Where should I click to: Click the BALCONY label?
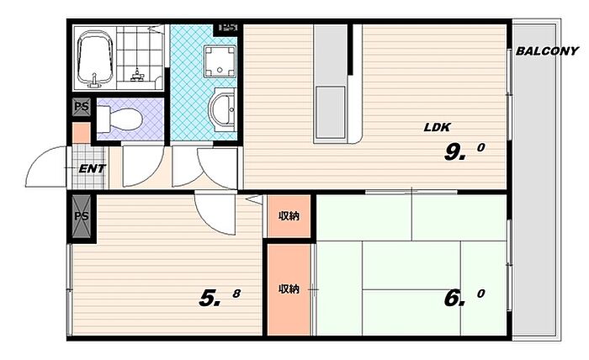547,51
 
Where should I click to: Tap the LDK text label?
437,127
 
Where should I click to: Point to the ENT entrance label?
92,169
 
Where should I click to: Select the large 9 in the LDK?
453,152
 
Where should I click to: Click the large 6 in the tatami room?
452,299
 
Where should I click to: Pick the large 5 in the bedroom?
207,299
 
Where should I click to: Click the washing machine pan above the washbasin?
220,61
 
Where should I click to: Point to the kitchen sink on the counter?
330,112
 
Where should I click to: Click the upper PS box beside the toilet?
82,107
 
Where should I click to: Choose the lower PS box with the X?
82,216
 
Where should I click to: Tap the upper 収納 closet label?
289,216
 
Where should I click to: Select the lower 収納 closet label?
289,289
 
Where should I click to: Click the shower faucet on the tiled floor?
137,75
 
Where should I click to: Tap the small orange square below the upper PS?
82,133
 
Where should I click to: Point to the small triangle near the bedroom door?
256,199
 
